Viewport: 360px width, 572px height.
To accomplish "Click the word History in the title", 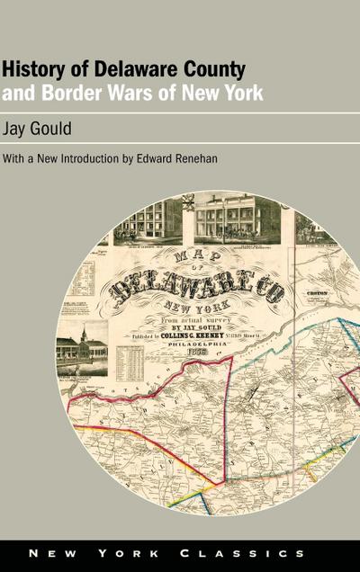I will (31, 71).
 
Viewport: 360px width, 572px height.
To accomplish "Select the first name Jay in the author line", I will (16, 129).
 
